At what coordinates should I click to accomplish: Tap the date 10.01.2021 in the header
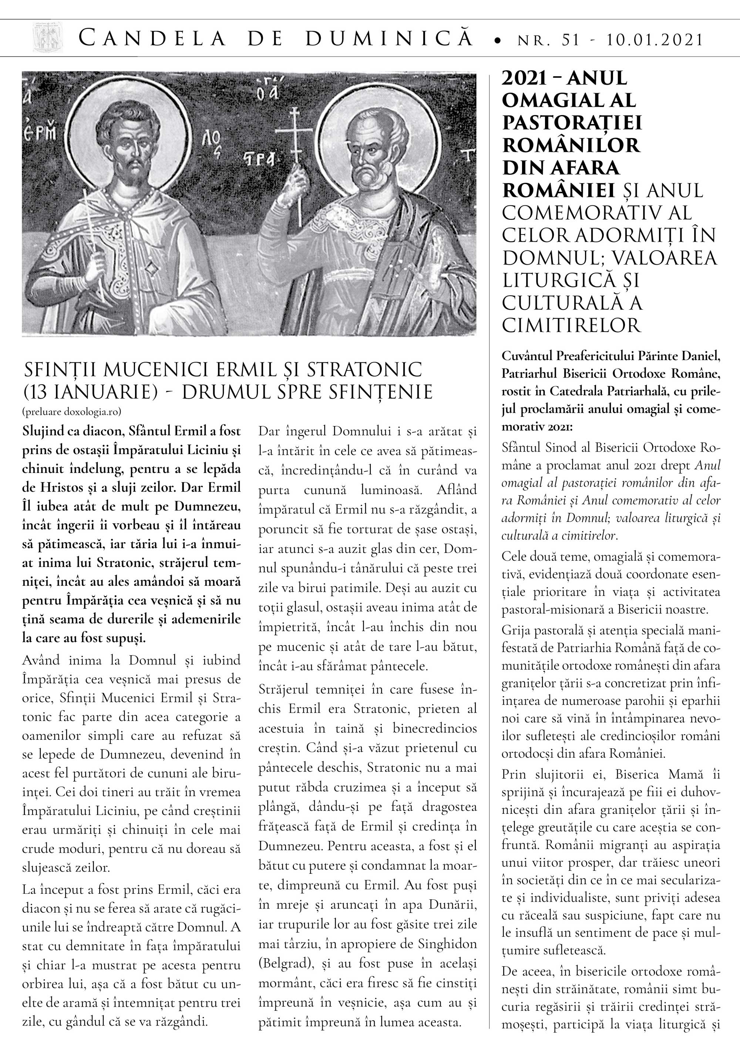[655, 40]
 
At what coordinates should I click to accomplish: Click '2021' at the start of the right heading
[524, 79]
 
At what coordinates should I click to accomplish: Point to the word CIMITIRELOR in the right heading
[572, 326]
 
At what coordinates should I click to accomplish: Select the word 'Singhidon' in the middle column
[443, 944]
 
